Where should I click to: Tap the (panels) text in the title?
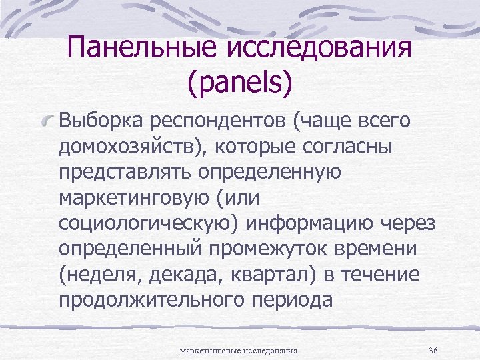click(x=241, y=83)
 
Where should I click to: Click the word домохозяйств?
click(x=134, y=147)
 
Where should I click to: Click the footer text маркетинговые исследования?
click(x=239, y=349)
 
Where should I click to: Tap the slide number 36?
click(x=433, y=349)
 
